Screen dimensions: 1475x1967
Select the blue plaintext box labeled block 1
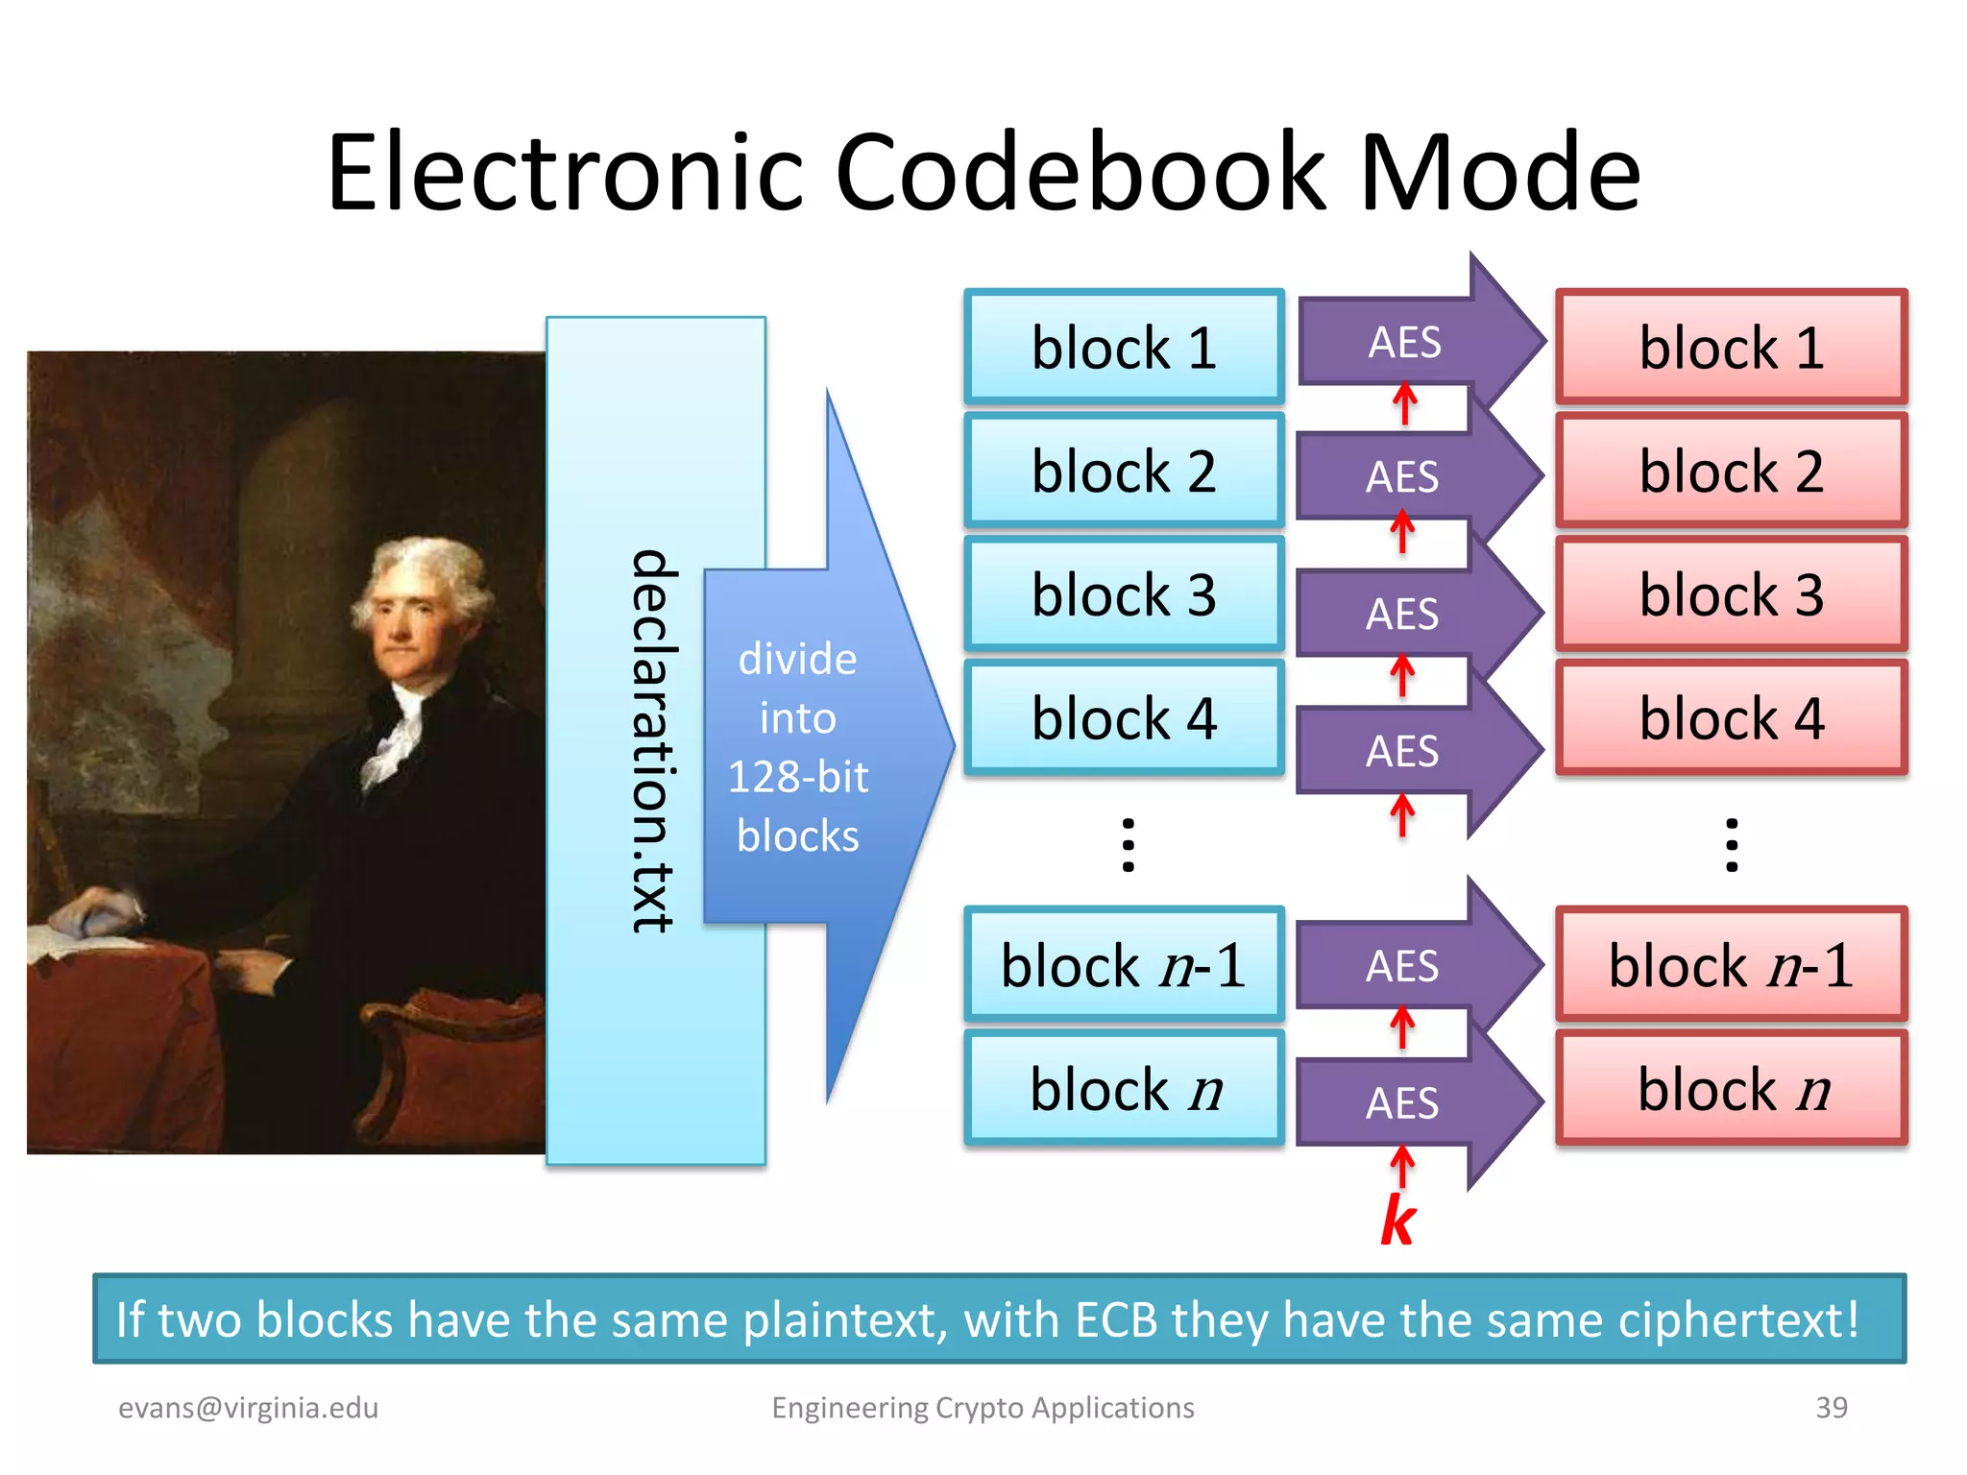[x=1124, y=348]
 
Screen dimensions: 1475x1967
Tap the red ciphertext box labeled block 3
[x=1731, y=594]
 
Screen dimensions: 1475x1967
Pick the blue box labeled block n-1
[x=1124, y=965]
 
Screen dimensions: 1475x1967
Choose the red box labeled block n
[x=1731, y=1089]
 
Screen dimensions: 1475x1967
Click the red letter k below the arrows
[x=1398, y=1221]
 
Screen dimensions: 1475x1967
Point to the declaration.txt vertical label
[x=654, y=740]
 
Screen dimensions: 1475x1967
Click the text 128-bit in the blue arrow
[x=797, y=777]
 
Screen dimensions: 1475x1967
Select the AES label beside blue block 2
[x=1402, y=477]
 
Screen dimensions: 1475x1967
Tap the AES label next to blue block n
[x=1402, y=1103]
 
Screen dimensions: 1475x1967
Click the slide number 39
[x=1831, y=1407]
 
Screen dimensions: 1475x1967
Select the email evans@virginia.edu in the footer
[x=248, y=1408]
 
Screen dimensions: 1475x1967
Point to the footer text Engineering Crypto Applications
[x=983, y=1408]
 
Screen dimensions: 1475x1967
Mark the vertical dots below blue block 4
[x=1129, y=845]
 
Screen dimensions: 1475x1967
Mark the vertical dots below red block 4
[x=1732, y=845]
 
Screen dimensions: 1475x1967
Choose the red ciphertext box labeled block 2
[x=1731, y=472]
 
